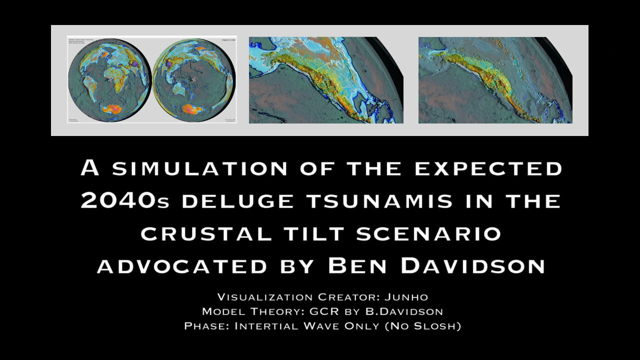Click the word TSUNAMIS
click(379, 201)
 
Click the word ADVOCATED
click(182, 266)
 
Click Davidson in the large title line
click(472, 266)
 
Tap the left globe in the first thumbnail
click(109, 79)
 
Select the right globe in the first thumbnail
click(194, 79)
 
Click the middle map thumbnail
click(326, 80)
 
